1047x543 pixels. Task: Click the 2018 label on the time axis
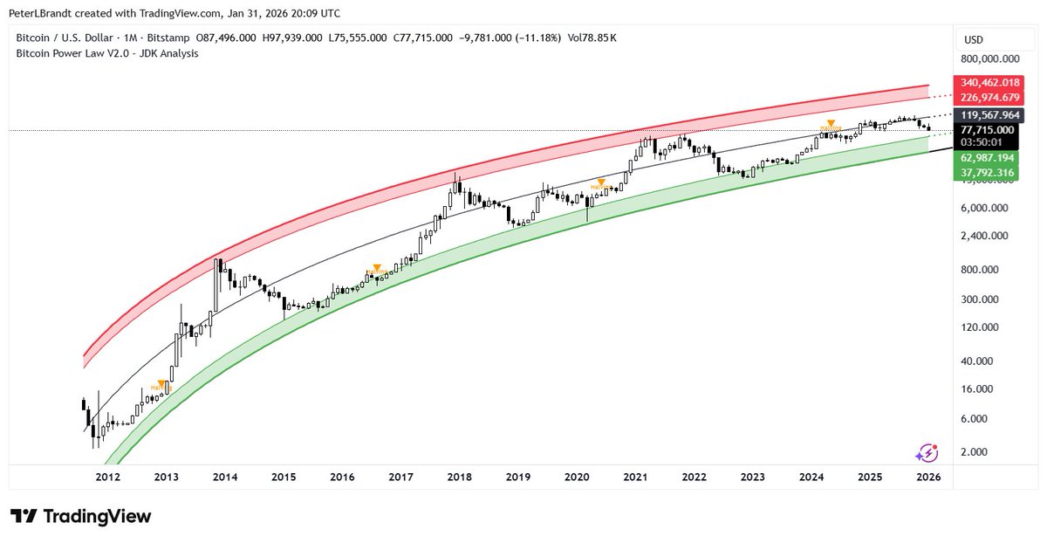coord(459,478)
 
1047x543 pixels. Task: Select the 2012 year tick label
coord(108,478)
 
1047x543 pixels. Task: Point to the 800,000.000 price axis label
coord(989,59)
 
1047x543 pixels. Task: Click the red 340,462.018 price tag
coord(989,82)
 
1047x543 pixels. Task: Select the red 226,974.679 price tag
coord(989,97)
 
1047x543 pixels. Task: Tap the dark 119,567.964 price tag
coord(989,114)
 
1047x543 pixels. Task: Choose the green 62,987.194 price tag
coord(989,158)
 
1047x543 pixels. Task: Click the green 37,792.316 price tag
coord(989,173)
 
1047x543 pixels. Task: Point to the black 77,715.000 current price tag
coord(989,129)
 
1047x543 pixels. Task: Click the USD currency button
coord(973,39)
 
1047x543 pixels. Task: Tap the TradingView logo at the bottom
coord(81,516)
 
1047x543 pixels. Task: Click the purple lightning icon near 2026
coord(927,452)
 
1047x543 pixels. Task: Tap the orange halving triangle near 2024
coord(831,123)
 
